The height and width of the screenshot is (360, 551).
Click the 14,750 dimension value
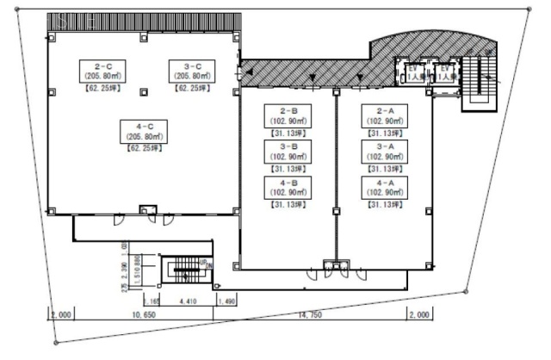315,316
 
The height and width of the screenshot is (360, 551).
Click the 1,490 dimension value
227,301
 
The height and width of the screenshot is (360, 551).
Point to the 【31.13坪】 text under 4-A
384,205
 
